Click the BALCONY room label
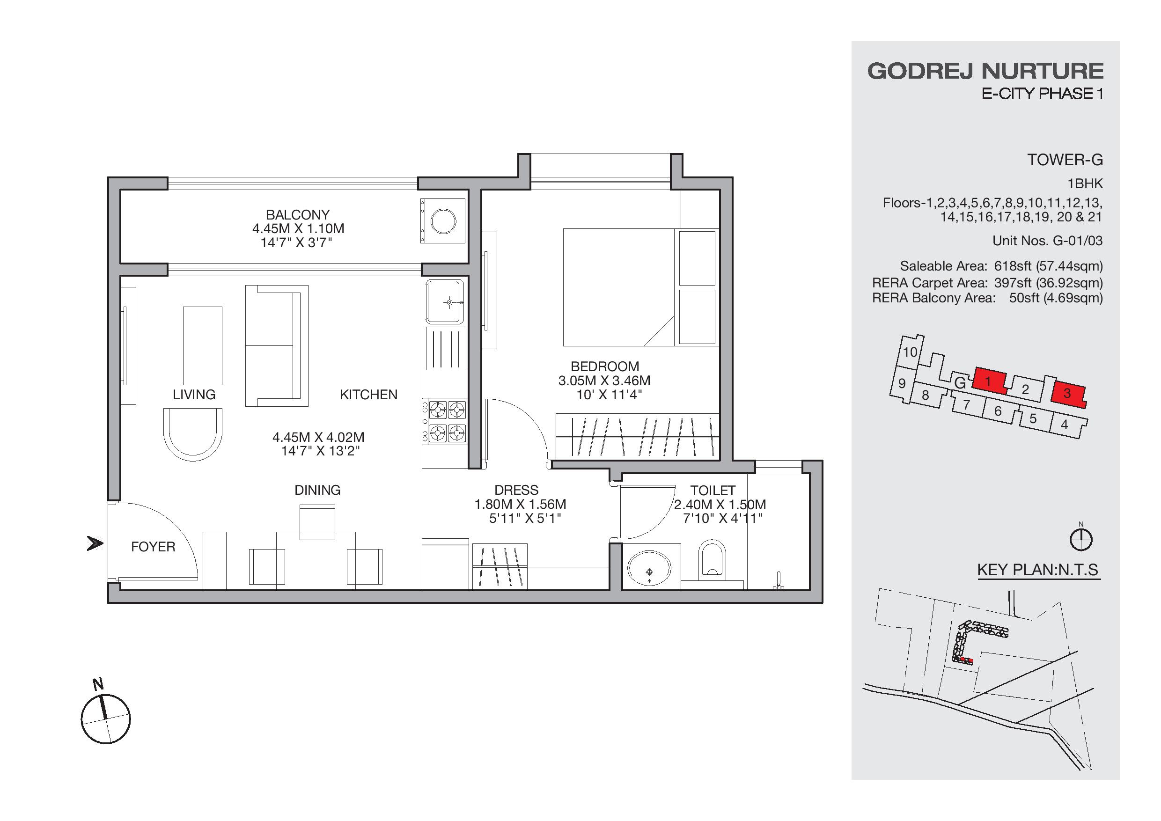[x=298, y=214]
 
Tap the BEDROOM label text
[x=605, y=367]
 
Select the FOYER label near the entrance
[x=153, y=547]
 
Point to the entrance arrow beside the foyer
[x=95, y=544]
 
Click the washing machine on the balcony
[x=443, y=221]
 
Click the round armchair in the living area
[x=193, y=434]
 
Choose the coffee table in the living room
[x=202, y=346]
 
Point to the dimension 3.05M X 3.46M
[x=604, y=381]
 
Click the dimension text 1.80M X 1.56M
[x=520, y=504]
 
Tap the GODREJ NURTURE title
[x=985, y=71]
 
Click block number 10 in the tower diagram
[x=910, y=352]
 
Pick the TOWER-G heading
[x=1065, y=160]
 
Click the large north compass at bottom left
[x=106, y=718]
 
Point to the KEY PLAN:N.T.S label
[x=1037, y=570]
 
